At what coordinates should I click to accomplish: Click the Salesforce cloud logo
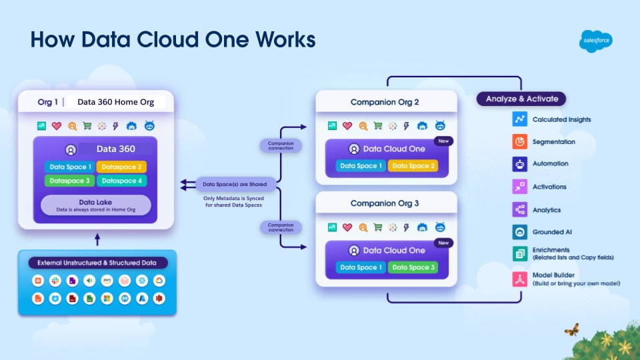click(595, 41)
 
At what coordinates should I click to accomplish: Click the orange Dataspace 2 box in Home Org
click(121, 167)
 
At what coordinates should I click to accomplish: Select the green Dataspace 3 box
click(69, 181)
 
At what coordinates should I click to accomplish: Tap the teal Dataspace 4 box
click(121, 181)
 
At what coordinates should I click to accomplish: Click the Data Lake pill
click(95, 205)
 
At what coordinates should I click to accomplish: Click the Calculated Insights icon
click(520, 119)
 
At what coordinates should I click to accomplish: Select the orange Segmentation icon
click(520, 142)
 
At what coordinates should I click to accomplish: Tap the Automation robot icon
click(520, 164)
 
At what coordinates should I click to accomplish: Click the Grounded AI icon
click(520, 232)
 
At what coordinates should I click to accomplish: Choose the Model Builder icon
click(520, 279)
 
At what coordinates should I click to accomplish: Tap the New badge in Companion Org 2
click(443, 141)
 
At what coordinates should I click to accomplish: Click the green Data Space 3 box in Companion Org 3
click(413, 267)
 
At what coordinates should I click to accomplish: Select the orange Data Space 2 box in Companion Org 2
click(413, 166)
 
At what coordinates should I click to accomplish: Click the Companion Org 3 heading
click(386, 203)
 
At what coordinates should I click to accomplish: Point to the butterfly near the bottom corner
click(571, 329)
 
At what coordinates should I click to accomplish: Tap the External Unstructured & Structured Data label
click(97, 263)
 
